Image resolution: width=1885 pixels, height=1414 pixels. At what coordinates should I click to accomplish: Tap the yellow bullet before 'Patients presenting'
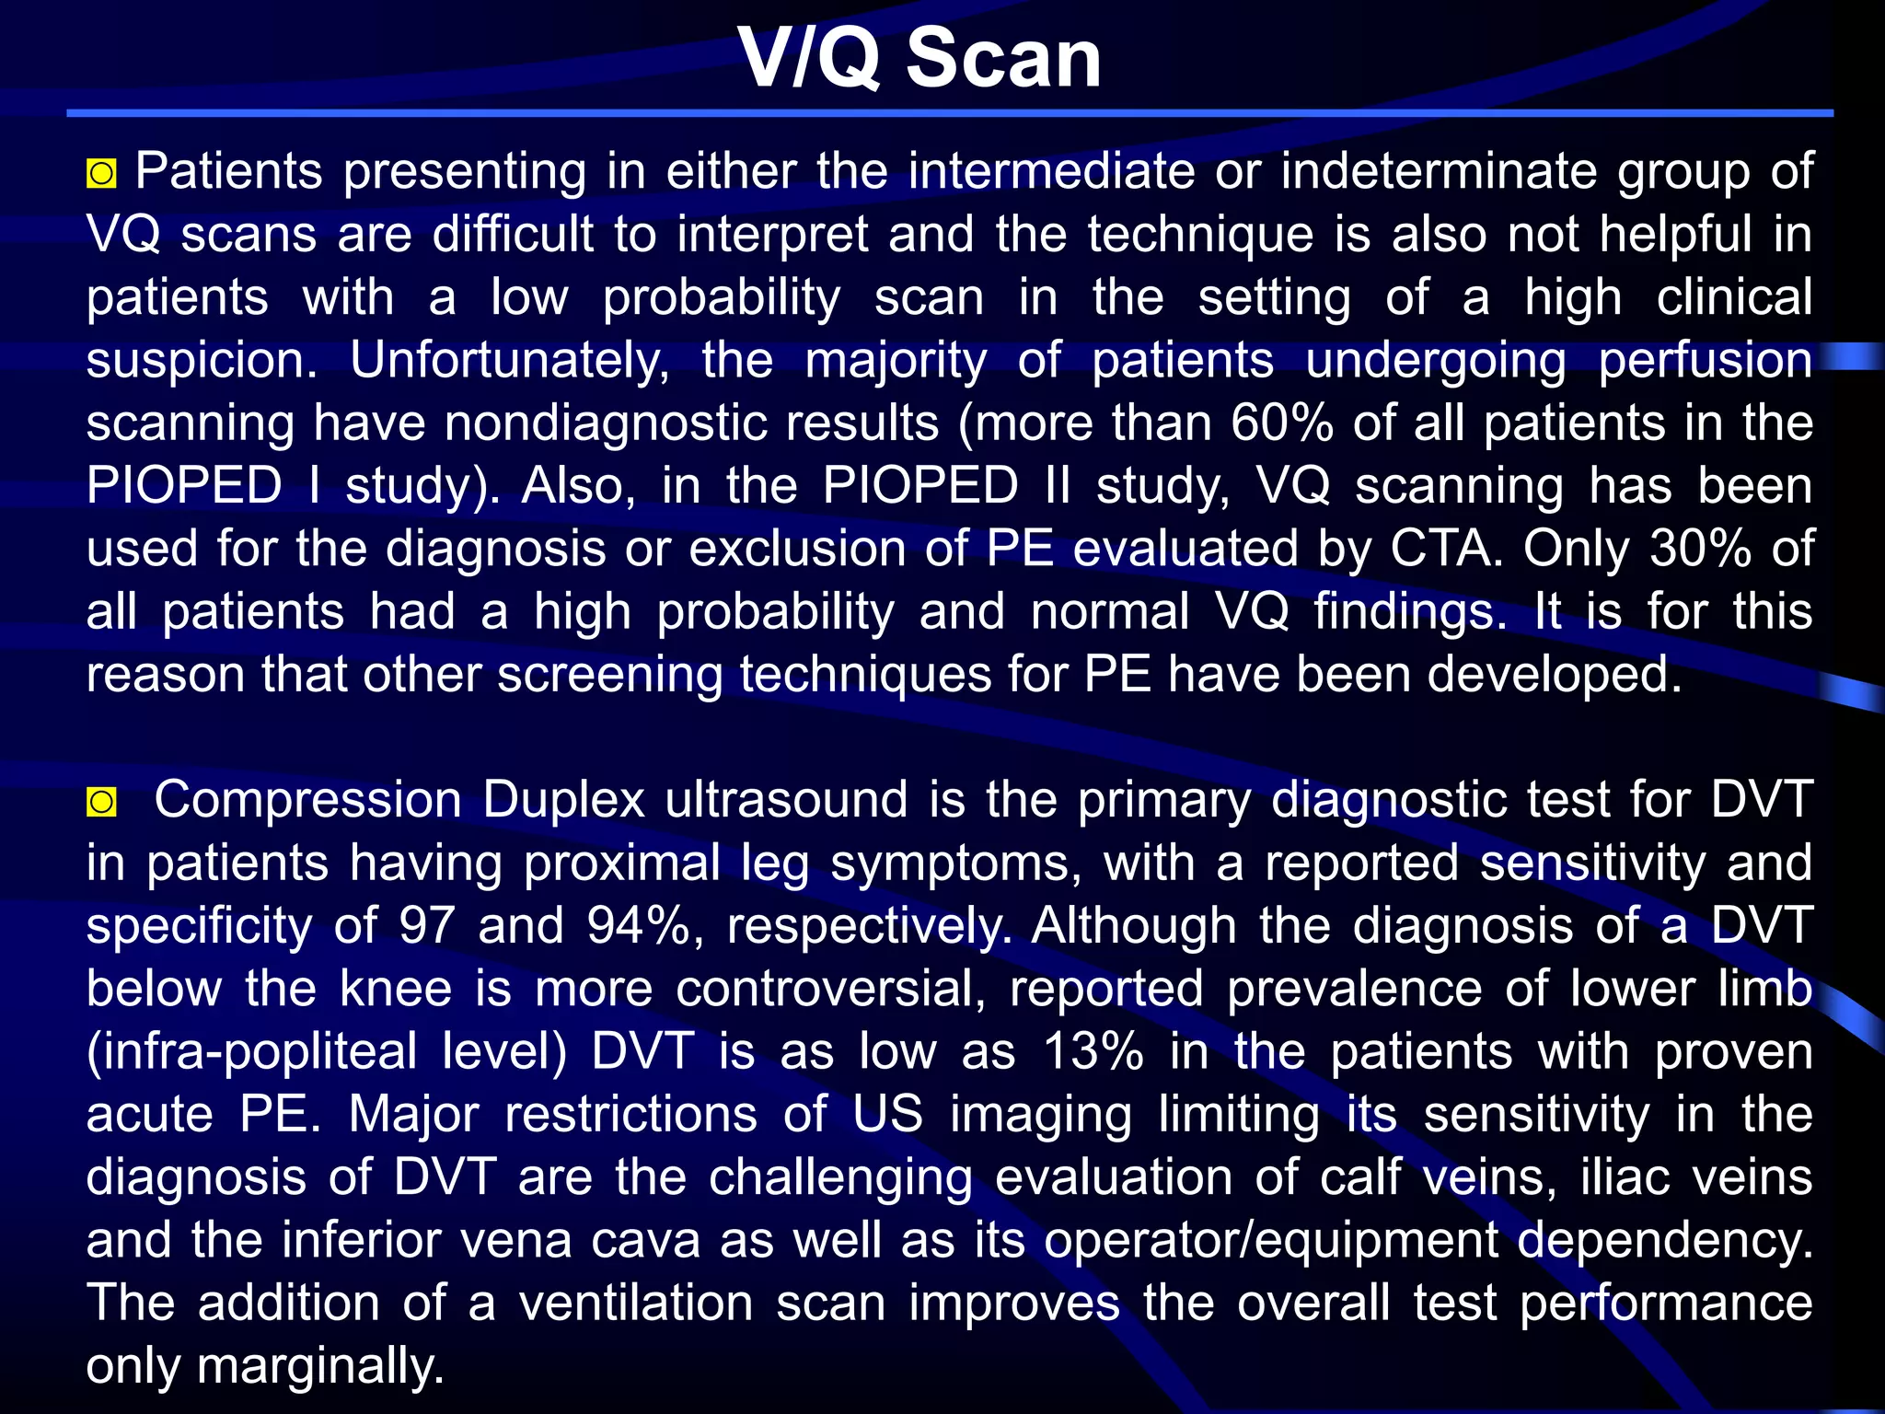click(101, 173)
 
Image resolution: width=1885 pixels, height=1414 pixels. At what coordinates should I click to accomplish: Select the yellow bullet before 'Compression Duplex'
click(101, 802)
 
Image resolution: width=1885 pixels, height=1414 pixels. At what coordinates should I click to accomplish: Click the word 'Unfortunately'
click(509, 360)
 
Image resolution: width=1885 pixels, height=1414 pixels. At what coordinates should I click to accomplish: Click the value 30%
click(1701, 549)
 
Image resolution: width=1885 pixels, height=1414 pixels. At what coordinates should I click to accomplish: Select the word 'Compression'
click(307, 799)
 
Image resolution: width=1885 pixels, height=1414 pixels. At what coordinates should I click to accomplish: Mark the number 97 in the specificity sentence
click(427, 925)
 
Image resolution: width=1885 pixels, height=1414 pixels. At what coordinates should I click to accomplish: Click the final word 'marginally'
click(319, 1366)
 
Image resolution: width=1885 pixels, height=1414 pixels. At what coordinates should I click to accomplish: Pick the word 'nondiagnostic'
click(691, 423)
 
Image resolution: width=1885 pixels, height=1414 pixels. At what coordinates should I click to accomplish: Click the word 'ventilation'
click(635, 1304)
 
